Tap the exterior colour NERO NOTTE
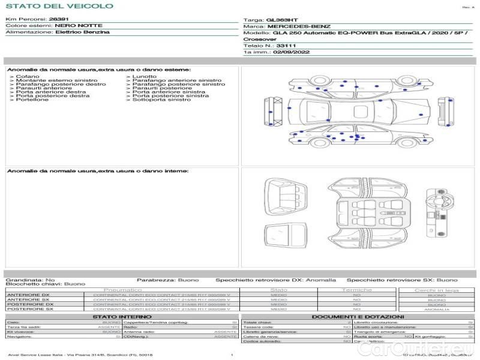[x=79, y=26]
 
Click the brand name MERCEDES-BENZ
[x=299, y=27]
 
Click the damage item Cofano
[x=28, y=77]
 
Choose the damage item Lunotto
[x=145, y=77]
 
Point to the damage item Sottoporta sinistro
[x=158, y=100]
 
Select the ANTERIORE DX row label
[x=28, y=295]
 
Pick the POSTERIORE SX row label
[x=29, y=309]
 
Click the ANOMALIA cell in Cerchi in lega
[x=436, y=310]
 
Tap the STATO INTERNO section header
[x=118, y=317]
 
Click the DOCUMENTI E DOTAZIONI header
[x=358, y=317]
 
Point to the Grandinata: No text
[x=30, y=280]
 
